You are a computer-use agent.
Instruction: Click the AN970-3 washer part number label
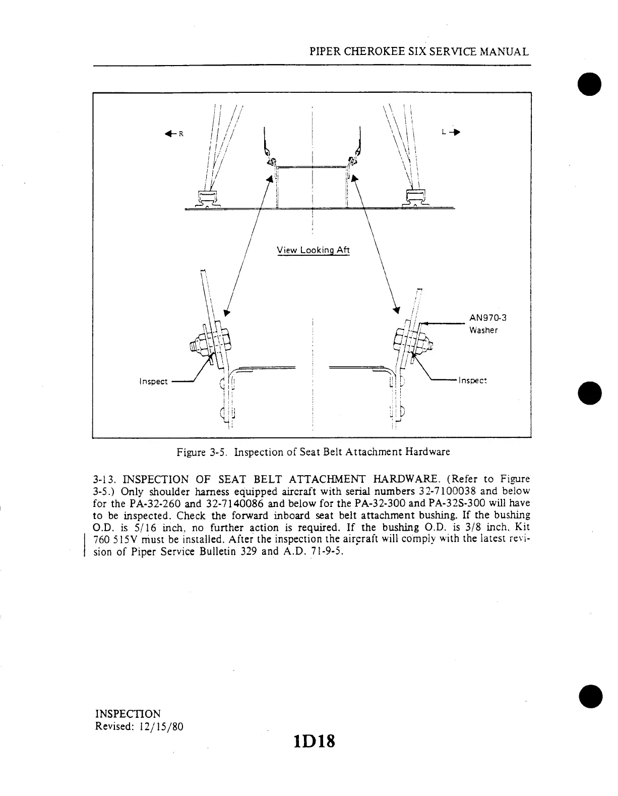click(x=487, y=318)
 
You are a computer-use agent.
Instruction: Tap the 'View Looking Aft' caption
click(x=313, y=250)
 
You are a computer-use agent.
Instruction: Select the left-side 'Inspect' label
click(x=153, y=381)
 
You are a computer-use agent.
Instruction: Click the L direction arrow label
click(x=450, y=132)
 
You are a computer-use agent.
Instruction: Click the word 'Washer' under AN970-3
click(x=483, y=330)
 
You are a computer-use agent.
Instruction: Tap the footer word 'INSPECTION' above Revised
click(x=128, y=714)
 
